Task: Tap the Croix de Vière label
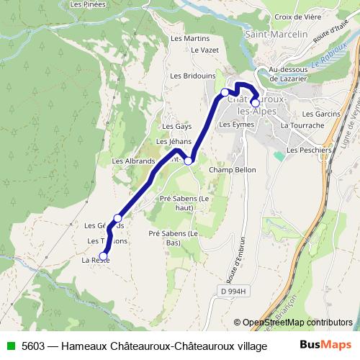(298, 17)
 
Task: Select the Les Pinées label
(88, 4)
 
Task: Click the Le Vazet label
(204, 50)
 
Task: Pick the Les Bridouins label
(192, 75)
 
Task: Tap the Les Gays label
(176, 125)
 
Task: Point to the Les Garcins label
(320, 114)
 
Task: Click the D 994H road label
(233, 291)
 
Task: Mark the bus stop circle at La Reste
(103, 256)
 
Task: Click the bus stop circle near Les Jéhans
(188, 161)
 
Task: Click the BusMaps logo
(326, 346)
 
